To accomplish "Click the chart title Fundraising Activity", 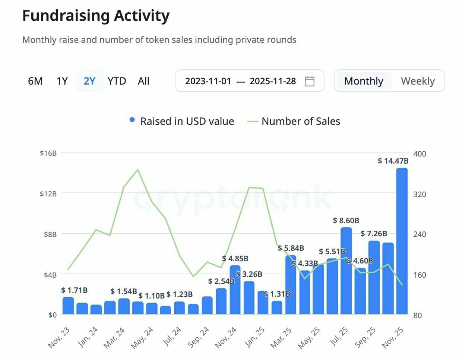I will click(x=96, y=16).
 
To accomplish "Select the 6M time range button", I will click(x=35, y=81).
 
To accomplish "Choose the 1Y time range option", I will click(x=62, y=81).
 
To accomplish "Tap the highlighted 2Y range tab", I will click(x=89, y=81).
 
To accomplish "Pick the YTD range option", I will click(x=117, y=81).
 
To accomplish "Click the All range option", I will click(x=143, y=81).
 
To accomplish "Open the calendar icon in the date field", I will click(x=310, y=81).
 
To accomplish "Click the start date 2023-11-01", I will click(x=208, y=81).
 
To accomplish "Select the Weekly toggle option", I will click(x=418, y=81).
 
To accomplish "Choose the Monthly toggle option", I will click(x=364, y=81).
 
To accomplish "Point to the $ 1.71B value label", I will click(x=75, y=290).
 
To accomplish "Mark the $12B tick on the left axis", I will click(x=48, y=193).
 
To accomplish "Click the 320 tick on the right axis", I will click(x=420, y=194).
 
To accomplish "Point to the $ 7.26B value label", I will click(x=374, y=234).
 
